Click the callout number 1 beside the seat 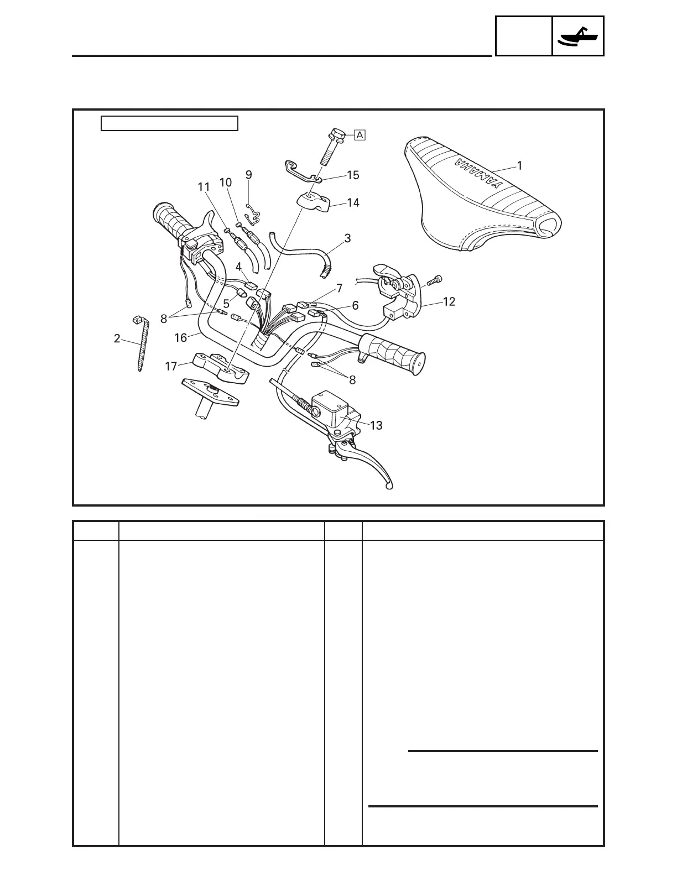[519, 165]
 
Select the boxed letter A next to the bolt [360, 134]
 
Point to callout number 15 [353, 175]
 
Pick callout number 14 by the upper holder [352, 203]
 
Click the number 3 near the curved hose [347, 239]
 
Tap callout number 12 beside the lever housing [449, 301]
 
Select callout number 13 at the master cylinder [376, 425]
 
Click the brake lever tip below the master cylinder [389, 486]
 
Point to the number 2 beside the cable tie [117, 338]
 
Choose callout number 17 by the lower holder [171, 366]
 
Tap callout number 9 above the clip [249, 175]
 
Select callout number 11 [204, 187]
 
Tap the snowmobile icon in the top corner [578, 36]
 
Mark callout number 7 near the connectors [340, 288]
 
